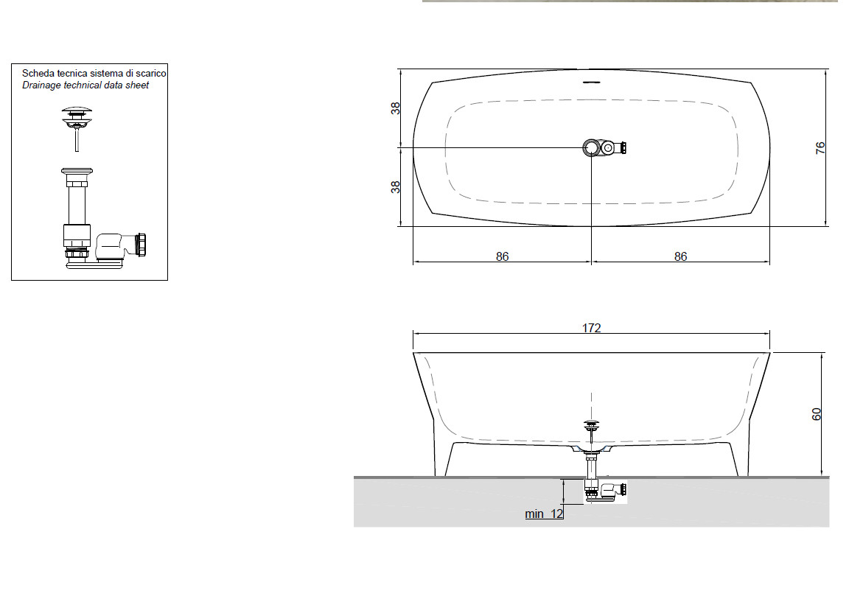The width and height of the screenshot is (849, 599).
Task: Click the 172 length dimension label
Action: click(591, 328)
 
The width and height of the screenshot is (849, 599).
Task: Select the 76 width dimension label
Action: click(820, 147)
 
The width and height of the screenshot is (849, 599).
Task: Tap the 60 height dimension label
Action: click(816, 414)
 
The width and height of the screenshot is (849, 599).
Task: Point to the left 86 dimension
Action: click(502, 256)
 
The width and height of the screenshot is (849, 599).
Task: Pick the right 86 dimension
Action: click(680, 256)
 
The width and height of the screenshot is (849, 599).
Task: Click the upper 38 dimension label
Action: click(396, 108)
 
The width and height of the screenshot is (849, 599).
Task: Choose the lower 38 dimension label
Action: click(396, 186)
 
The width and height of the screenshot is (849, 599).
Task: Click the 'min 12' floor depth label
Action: click(544, 514)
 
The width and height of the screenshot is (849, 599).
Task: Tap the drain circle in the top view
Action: click(591, 147)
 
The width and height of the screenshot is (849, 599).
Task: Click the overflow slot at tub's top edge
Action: click(591, 83)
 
